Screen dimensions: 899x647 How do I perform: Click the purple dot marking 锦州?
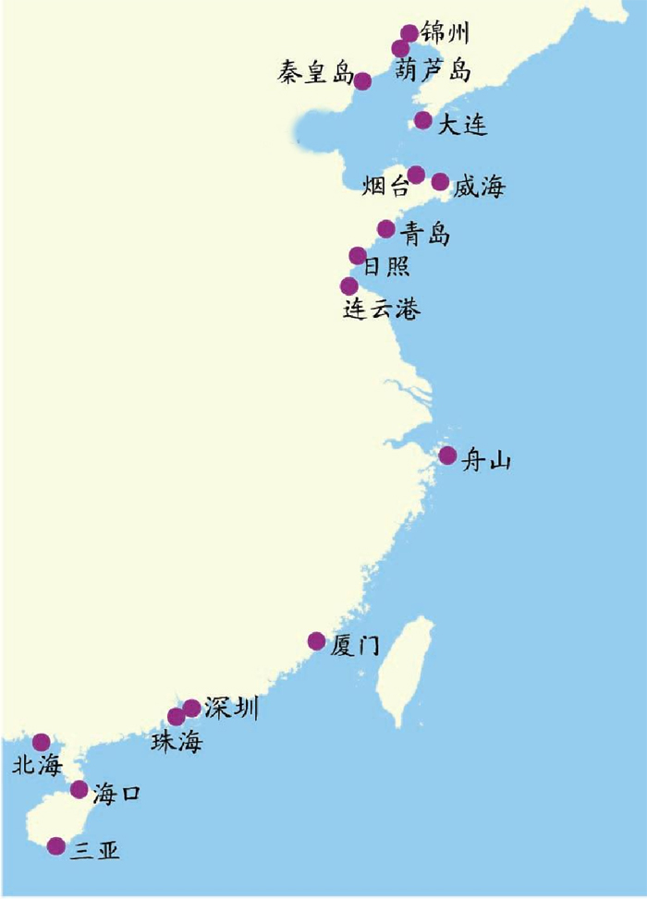point(409,34)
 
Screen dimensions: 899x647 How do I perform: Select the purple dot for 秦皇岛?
point(362,81)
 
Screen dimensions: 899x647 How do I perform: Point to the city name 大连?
point(462,126)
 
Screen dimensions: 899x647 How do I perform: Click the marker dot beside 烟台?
point(416,175)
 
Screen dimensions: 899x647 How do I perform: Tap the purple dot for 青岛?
point(386,228)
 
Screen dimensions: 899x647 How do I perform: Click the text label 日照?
point(385,267)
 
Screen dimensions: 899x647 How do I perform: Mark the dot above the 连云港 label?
point(348,286)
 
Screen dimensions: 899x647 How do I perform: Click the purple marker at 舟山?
point(447,456)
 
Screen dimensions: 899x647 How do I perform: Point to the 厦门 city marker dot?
point(316,641)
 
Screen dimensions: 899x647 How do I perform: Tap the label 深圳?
point(231,709)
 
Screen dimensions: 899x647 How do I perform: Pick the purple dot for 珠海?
point(176,717)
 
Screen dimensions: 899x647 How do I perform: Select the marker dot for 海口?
point(79,790)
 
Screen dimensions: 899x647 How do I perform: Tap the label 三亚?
point(95,850)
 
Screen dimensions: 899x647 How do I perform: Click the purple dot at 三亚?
point(56,845)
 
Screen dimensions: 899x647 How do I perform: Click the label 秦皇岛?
point(314,74)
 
